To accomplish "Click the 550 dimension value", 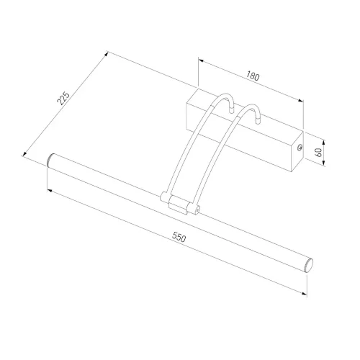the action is click(x=179, y=237).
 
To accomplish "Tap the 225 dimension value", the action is click(x=63, y=98).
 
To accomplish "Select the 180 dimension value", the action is click(x=253, y=76).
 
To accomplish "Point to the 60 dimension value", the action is click(x=318, y=153).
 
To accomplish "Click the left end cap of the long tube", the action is click(x=50, y=160).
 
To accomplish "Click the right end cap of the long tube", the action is click(x=310, y=266).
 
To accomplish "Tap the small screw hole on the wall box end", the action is click(x=300, y=148).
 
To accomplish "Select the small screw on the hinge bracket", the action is click(x=197, y=210).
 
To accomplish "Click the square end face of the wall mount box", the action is click(x=297, y=152).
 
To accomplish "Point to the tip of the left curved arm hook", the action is click(x=231, y=111).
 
